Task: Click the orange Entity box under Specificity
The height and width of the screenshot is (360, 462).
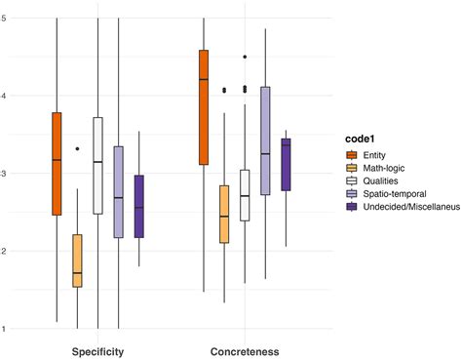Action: click(57, 164)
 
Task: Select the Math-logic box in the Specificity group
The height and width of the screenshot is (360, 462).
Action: click(77, 260)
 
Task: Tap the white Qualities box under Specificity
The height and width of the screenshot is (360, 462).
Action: click(98, 166)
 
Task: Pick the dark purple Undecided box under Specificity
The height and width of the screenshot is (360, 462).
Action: click(138, 206)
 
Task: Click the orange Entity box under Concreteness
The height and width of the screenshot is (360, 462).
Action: click(204, 107)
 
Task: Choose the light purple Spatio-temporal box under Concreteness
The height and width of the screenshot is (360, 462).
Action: click(265, 140)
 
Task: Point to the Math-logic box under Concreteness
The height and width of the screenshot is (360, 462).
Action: click(224, 214)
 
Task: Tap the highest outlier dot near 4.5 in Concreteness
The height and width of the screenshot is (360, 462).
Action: click(245, 58)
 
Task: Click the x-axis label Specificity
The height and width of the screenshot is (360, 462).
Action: click(97, 350)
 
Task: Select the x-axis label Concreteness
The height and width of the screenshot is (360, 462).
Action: click(245, 350)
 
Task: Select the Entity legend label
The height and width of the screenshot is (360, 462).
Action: click(375, 154)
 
